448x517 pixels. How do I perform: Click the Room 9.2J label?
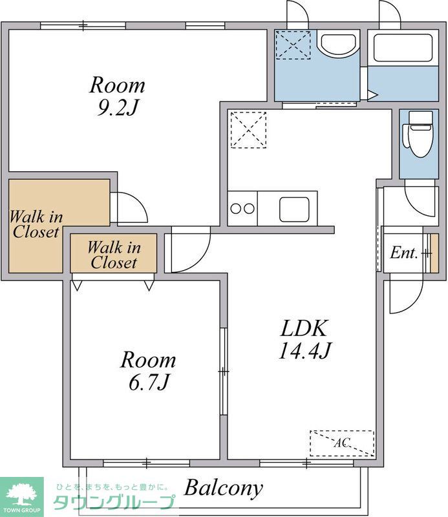[x=117, y=96]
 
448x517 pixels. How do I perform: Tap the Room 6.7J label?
[x=148, y=370]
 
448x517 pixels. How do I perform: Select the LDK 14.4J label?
[x=304, y=339]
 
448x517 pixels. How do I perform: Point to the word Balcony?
[x=224, y=488]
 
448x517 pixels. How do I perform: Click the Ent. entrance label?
[x=404, y=253]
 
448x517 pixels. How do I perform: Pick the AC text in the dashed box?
[x=342, y=443]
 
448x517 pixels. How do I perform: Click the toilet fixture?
[x=418, y=134]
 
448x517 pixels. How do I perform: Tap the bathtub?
[x=403, y=48]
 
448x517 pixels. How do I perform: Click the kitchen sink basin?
[x=294, y=209]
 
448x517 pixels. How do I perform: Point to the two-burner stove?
[x=242, y=208]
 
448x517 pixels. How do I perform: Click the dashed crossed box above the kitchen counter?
[x=248, y=131]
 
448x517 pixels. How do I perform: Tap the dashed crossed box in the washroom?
[x=293, y=45]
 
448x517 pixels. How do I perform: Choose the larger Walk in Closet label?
[x=36, y=224]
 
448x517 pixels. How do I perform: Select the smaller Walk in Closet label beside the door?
[x=114, y=255]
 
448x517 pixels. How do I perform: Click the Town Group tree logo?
[x=22, y=494]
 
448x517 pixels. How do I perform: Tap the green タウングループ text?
[x=114, y=503]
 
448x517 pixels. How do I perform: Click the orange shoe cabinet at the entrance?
[x=434, y=253]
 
